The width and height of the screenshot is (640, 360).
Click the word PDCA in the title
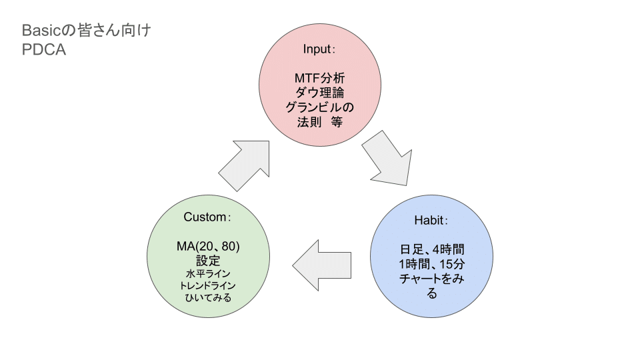tap(44, 50)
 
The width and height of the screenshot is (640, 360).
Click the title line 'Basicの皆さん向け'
tap(87, 31)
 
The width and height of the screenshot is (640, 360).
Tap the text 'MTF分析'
tap(319, 79)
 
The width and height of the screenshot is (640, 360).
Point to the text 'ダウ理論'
tap(319, 93)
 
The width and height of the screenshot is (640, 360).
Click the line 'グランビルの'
tap(319, 107)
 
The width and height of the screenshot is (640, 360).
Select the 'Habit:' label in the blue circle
tap(432, 220)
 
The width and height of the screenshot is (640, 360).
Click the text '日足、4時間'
tap(432, 250)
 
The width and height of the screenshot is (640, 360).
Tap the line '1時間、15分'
tap(432, 264)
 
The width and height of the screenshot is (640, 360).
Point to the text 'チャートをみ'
tap(432, 279)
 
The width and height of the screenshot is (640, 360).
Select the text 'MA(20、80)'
tap(208, 247)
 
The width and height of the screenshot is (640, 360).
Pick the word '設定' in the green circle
tap(208, 261)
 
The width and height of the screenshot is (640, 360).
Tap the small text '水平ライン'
tap(208, 273)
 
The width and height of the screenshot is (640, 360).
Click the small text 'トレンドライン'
tap(208, 285)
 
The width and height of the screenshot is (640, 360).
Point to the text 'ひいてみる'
tap(208, 297)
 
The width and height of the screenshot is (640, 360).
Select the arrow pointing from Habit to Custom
tap(323, 265)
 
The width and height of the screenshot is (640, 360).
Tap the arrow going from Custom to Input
tap(245, 164)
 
